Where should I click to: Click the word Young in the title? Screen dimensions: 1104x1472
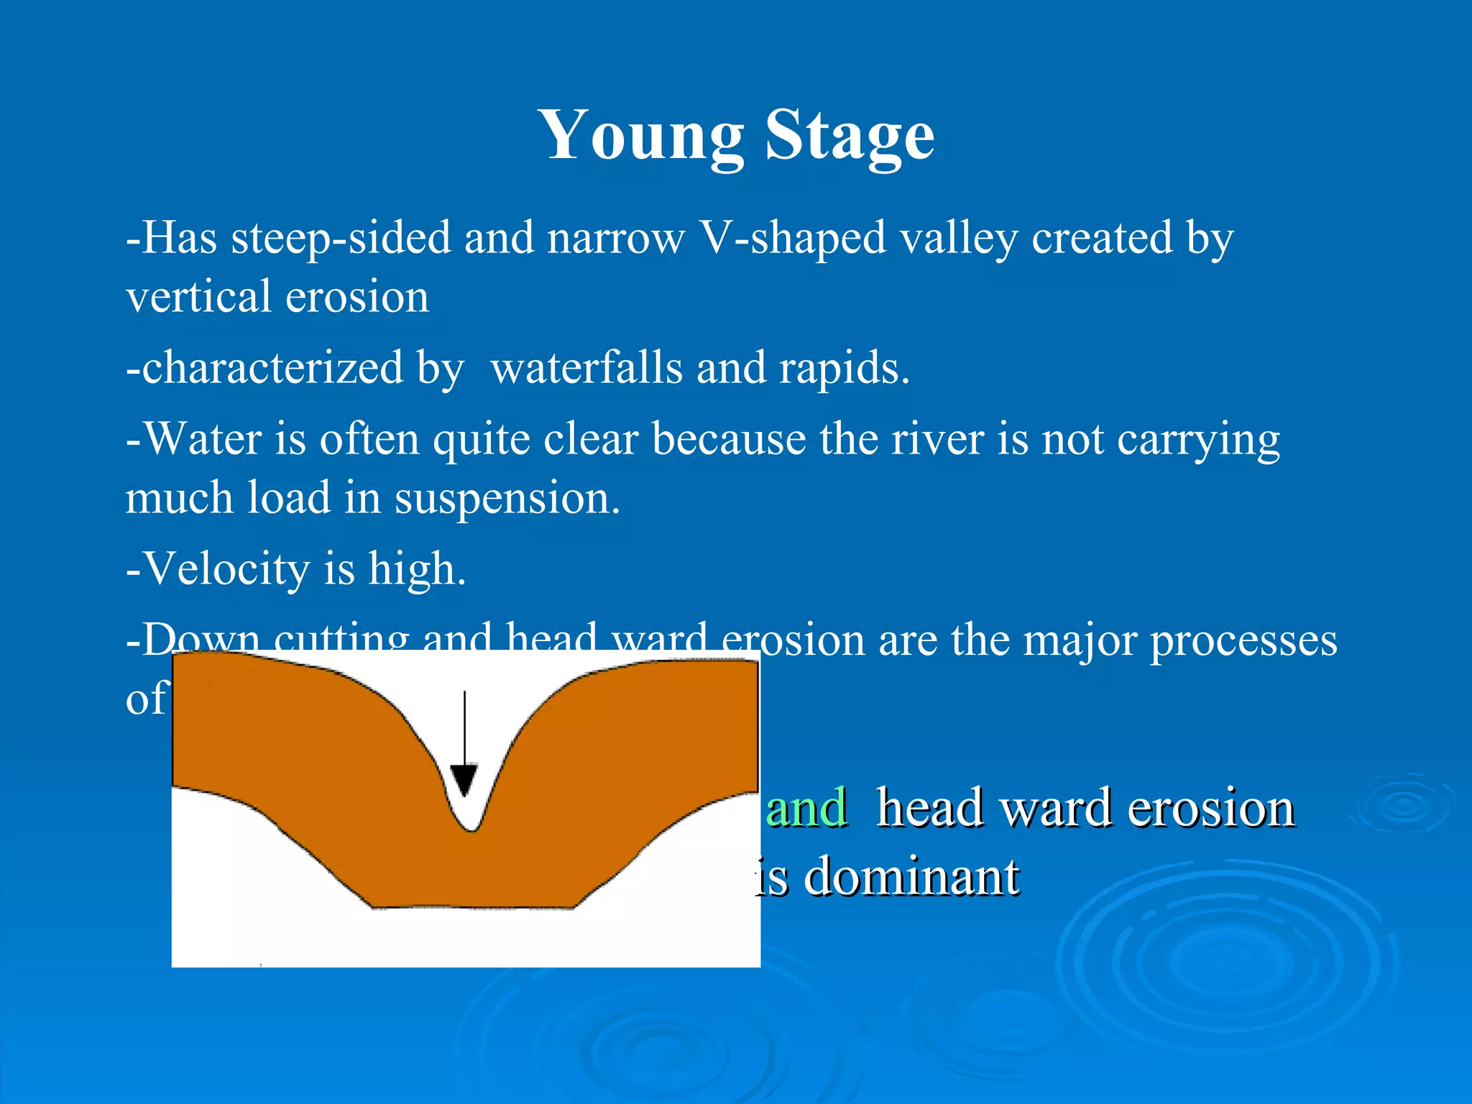click(641, 137)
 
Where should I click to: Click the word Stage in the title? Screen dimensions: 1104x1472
click(850, 137)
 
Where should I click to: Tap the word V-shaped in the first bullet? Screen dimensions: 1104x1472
click(793, 239)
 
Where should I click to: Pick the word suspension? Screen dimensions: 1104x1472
click(507, 498)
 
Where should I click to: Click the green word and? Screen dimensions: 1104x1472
click(806, 808)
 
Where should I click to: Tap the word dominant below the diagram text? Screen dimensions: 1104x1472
click(911, 878)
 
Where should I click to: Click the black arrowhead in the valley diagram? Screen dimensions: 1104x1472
click(464, 779)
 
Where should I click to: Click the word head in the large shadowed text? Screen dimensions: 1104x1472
click(930, 808)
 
